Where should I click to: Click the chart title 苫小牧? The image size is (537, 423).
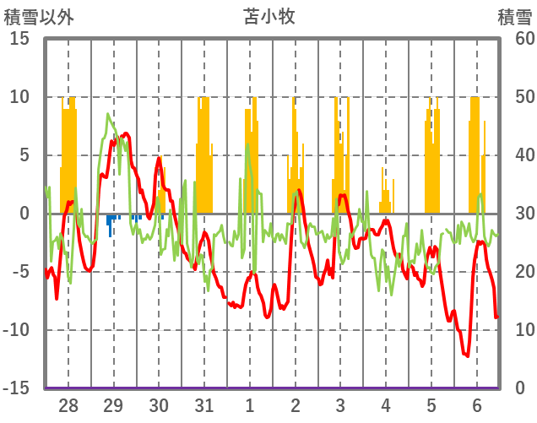click(269, 16)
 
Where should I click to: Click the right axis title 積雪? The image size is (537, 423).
click(514, 16)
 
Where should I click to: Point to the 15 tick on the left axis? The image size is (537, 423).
click(19, 39)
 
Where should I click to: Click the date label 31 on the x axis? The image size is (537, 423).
click(203, 405)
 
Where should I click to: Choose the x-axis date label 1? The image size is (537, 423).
click(250, 405)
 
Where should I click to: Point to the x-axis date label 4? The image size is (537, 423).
click(386, 405)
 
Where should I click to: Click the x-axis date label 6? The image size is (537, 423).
click(477, 405)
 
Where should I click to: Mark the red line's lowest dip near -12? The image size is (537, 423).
click(466, 355)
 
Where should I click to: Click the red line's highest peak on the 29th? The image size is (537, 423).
click(126, 133)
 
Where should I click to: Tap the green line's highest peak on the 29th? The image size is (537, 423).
click(108, 114)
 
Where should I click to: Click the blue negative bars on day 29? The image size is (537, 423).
click(110, 225)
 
